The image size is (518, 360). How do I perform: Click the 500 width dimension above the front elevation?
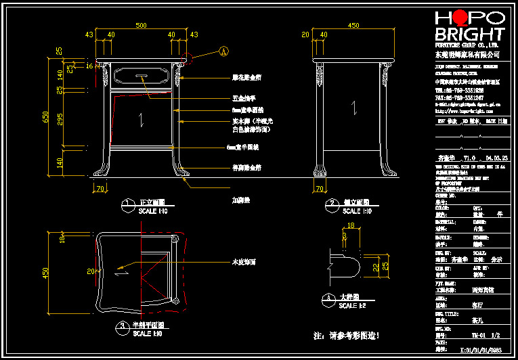pos(141,26)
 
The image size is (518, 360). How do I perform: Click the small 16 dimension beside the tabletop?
pos(89,66)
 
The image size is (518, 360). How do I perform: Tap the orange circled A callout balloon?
pos(225,50)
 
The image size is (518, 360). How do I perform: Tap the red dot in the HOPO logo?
pos(458,17)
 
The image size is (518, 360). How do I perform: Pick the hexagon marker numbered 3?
pos(121,328)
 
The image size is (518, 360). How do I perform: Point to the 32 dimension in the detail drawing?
pos(376,267)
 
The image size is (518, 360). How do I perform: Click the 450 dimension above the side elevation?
pos(353,26)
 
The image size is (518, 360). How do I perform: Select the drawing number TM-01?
pos(476,334)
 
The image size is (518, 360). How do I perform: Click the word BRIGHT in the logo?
pos(469,35)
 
